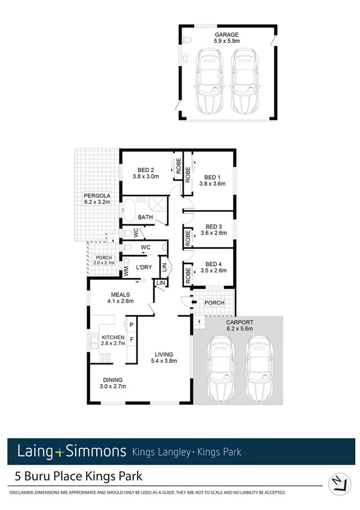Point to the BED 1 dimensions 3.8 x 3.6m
click(x=212, y=184)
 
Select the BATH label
click(x=145, y=217)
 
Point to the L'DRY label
click(x=144, y=266)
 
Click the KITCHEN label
click(x=113, y=337)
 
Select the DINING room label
click(x=113, y=379)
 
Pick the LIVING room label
click(x=163, y=354)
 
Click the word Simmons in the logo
click(x=99, y=451)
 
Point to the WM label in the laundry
click(x=127, y=272)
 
